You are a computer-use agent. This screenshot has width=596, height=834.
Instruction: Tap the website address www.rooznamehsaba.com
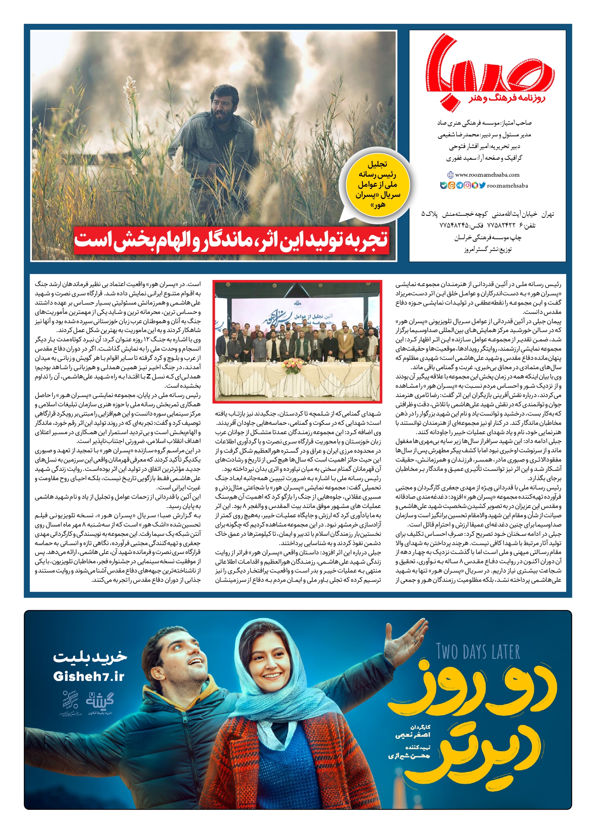487,175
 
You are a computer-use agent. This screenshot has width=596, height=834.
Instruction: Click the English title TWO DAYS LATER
478,652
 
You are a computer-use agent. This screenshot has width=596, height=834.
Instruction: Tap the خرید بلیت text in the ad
90,657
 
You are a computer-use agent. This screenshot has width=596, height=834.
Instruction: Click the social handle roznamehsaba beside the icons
507,186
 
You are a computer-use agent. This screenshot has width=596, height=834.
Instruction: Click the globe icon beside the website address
451,175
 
